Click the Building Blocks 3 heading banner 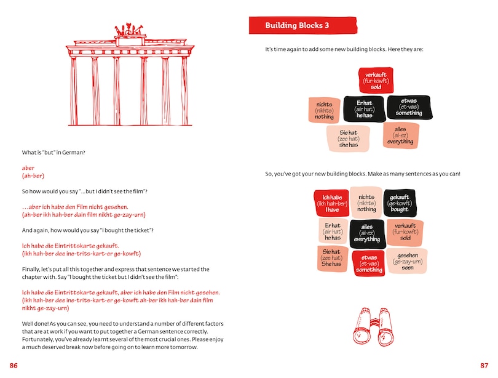tap(303, 26)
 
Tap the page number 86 tap(14, 366)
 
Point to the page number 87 tap(484, 366)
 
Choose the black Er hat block tap(364, 109)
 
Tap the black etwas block tap(409, 107)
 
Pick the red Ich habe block tap(331, 204)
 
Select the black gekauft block tap(400, 203)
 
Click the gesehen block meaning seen tap(408, 261)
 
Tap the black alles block tap(367, 233)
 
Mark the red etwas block tap(369, 263)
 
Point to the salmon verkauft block tap(405, 232)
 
